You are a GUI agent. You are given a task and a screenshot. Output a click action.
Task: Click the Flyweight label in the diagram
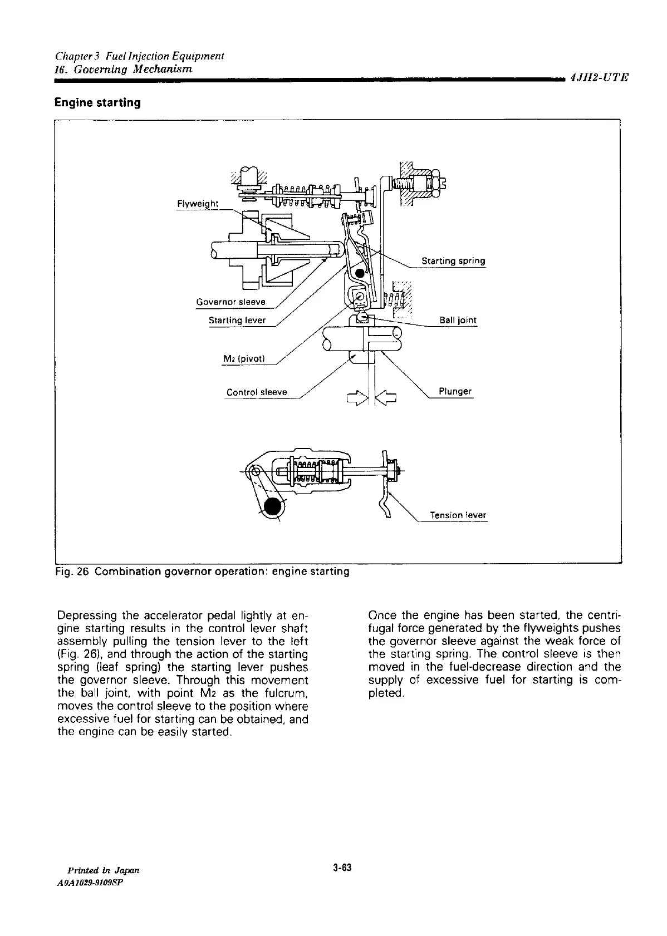click(x=197, y=204)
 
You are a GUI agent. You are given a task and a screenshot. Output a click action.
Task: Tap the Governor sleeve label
click(x=231, y=302)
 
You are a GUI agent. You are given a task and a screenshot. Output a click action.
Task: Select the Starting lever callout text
click(x=237, y=321)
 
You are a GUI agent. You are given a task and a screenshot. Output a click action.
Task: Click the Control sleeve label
click(x=257, y=392)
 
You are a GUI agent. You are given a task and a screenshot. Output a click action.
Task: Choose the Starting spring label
click(x=453, y=261)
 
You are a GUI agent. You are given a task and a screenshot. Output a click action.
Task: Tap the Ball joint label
click(x=458, y=321)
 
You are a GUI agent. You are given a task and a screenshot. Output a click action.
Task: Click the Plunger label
click(x=455, y=391)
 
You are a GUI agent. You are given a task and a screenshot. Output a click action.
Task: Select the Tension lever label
click(x=458, y=515)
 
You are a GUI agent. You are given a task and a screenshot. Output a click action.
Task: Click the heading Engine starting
click(x=97, y=103)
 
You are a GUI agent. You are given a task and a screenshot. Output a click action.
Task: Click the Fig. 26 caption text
click(x=202, y=572)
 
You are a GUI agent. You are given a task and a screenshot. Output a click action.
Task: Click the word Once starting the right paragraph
click(x=382, y=615)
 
